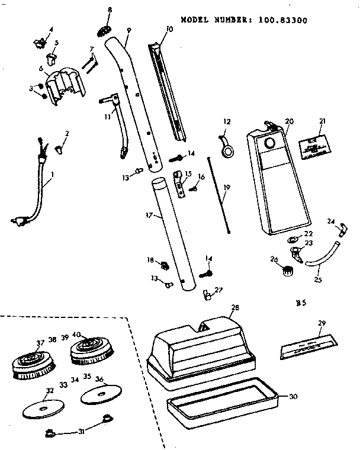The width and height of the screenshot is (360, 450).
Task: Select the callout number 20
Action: tap(289, 121)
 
